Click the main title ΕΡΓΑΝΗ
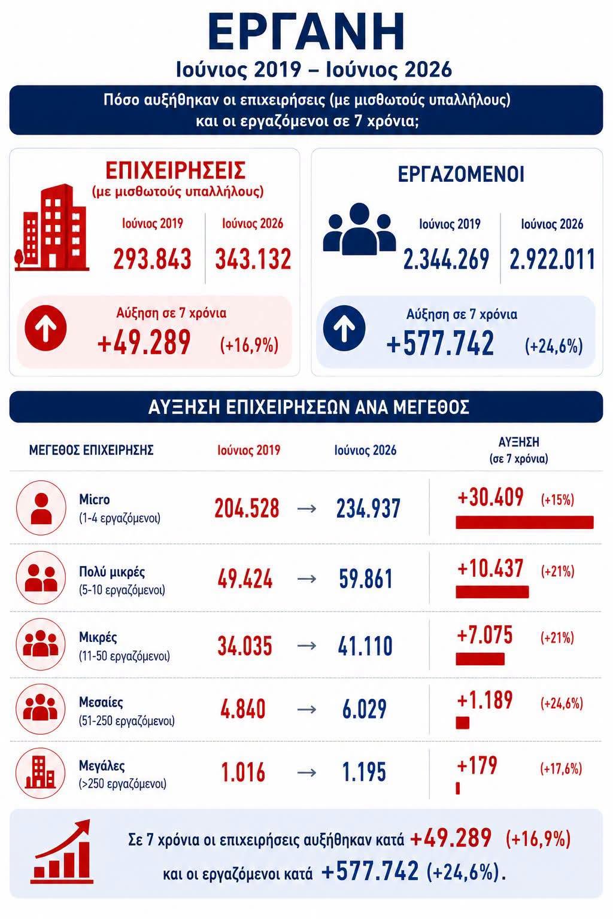pos(306,32)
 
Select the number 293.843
pos(152,259)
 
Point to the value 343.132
pos(253,259)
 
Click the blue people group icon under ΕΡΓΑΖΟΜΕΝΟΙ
pos(359,229)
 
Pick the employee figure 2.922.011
pos(552,259)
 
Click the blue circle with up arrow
pos(344,328)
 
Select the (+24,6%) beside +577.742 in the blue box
pos(554,346)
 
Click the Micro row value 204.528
pos(247,508)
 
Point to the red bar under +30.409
pos(525,522)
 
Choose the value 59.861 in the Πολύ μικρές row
pos(365,579)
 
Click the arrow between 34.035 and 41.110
pos(306,646)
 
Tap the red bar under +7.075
pos(480,659)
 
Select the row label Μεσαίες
pos(101,702)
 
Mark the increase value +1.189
pos(485,700)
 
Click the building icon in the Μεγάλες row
pos(41,773)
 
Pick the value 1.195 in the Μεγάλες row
pos(364,772)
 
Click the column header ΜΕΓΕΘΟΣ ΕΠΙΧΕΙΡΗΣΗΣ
pos(91,450)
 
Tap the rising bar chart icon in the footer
pos(62,851)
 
